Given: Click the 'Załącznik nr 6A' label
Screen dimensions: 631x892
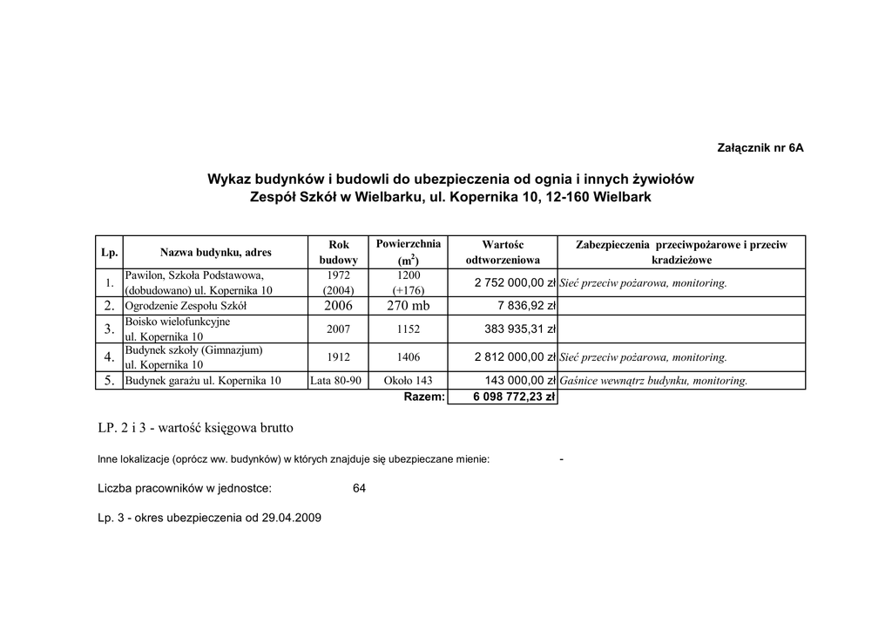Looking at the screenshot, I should click(760, 148).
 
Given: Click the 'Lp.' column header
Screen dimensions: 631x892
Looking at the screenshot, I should click(109, 253).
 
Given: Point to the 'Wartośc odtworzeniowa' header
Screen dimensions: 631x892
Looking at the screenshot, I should click(503, 253).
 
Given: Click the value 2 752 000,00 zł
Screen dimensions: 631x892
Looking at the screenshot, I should click(515, 283).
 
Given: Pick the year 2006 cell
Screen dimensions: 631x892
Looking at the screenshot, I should click(338, 306).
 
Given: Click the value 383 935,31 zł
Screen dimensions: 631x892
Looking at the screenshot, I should click(520, 329).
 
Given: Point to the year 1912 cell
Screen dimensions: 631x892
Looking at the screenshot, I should click(339, 357).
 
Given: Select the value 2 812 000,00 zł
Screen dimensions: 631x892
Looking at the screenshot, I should click(515, 357).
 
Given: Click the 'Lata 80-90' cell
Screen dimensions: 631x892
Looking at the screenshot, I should click(335, 381).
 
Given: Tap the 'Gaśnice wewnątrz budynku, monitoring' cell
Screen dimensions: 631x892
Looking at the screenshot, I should click(653, 381).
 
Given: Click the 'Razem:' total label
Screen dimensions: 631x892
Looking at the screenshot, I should click(425, 397).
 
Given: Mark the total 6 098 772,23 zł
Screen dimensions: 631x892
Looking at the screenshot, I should click(514, 397).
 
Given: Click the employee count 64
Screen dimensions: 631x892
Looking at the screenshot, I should click(359, 489).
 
